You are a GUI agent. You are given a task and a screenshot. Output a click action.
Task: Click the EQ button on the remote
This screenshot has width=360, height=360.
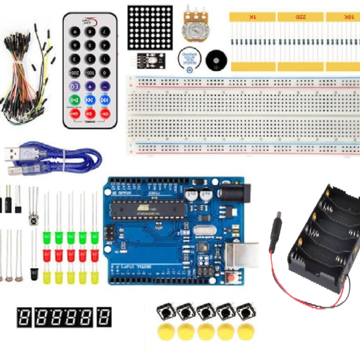[76, 86]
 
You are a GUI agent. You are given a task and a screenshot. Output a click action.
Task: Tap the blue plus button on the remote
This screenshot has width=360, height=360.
[90, 86]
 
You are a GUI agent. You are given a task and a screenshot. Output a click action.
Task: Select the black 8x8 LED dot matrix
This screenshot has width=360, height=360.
[150, 28]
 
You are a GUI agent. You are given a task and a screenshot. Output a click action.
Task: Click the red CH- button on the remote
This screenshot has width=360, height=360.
[104, 113]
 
